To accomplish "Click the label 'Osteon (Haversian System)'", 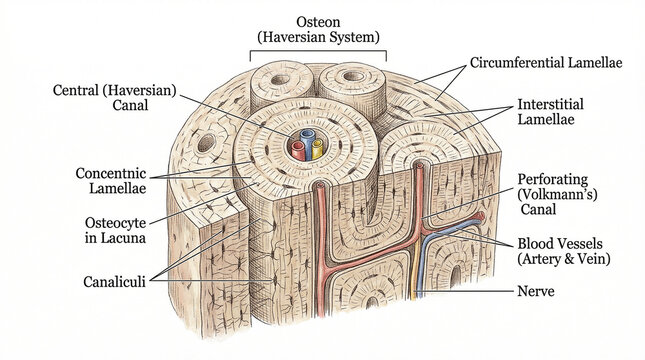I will pyautogui.click(x=318, y=29).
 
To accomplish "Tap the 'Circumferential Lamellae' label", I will pyautogui.click(x=546, y=62).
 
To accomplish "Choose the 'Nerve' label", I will pyautogui.click(x=537, y=292).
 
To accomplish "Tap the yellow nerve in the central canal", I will pyautogui.click(x=316, y=150).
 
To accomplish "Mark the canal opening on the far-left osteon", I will pyautogui.click(x=206, y=142).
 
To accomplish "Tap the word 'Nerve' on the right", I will pyautogui.click(x=537, y=292).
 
